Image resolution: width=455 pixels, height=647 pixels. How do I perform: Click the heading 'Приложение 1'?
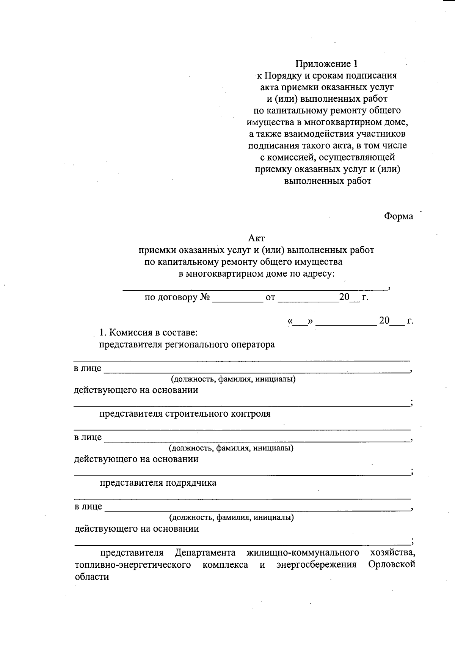click(326, 63)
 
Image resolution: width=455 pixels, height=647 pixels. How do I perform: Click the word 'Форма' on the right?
click(398, 216)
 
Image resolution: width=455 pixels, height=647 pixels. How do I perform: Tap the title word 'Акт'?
click(256, 238)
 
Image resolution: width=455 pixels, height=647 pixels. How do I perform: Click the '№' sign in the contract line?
click(205, 297)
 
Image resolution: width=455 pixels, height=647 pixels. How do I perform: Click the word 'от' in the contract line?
click(270, 298)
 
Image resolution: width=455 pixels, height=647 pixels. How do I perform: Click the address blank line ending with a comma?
click(254, 288)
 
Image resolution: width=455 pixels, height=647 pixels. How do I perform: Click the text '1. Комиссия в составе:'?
click(148, 333)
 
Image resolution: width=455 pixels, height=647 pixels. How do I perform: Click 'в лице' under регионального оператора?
click(88, 368)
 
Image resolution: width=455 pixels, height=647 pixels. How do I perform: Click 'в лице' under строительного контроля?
click(88, 437)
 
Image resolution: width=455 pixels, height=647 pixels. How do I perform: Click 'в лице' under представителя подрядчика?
click(88, 507)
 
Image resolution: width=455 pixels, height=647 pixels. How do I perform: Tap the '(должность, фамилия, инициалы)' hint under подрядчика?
click(231, 517)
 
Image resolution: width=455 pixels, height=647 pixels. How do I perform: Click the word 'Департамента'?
click(205, 553)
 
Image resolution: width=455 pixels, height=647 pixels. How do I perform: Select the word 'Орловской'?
click(392, 565)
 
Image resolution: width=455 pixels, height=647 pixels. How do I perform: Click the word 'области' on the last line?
click(92, 577)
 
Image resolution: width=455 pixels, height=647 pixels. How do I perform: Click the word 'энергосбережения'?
click(316, 565)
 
